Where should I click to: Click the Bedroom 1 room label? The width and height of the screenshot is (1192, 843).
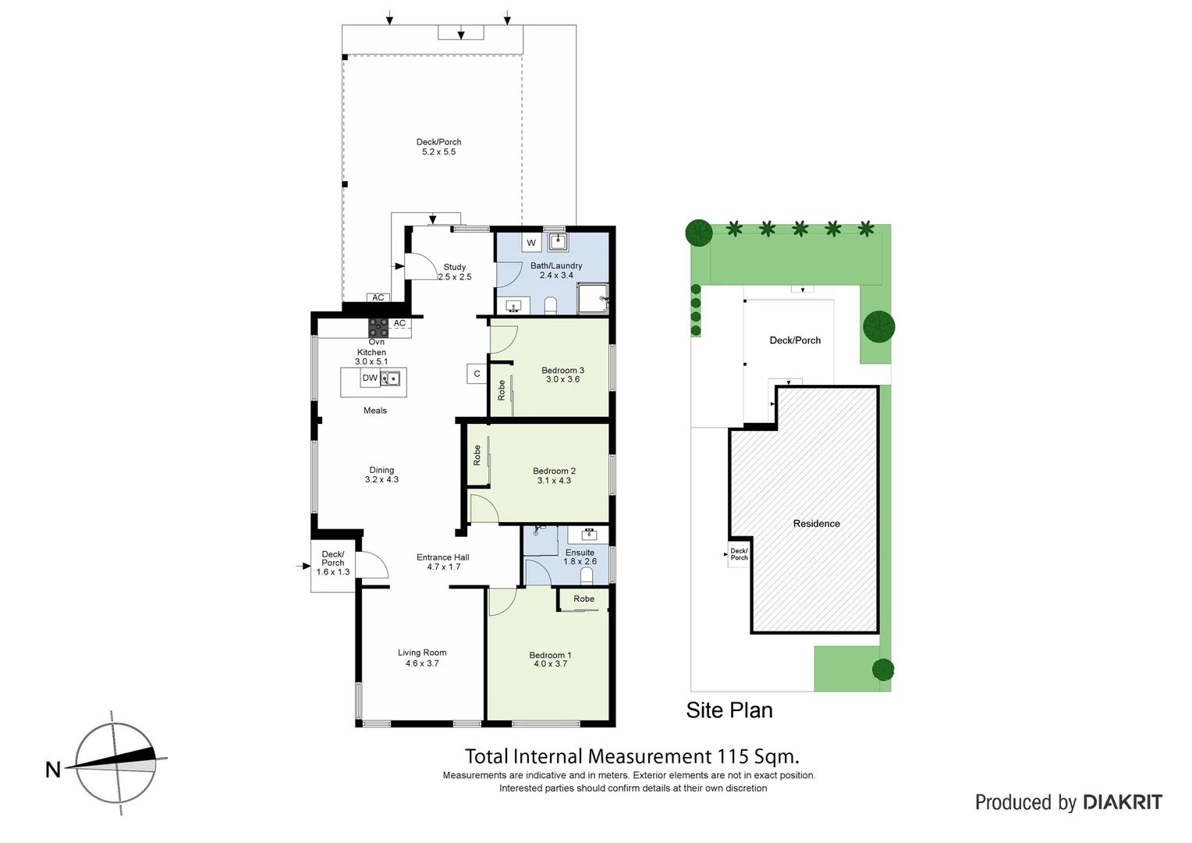(x=550, y=655)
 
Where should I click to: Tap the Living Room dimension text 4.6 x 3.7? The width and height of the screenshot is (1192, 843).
(x=422, y=663)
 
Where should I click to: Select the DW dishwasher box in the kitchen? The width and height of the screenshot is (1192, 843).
(x=370, y=378)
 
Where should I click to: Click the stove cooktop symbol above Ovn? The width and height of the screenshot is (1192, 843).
(x=378, y=327)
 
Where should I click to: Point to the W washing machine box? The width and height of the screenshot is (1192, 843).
(x=531, y=243)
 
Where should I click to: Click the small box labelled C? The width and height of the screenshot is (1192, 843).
(x=477, y=374)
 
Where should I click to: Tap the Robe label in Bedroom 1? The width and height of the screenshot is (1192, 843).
(x=584, y=599)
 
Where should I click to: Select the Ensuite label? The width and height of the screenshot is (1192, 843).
(x=580, y=552)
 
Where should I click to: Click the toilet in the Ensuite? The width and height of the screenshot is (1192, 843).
(x=587, y=575)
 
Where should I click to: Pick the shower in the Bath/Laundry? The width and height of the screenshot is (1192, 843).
(x=592, y=297)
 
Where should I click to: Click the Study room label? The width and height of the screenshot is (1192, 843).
(x=455, y=267)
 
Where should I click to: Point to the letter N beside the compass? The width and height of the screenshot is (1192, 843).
(x=53, y=770)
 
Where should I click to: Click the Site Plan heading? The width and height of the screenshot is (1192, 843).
(x=729, y=710)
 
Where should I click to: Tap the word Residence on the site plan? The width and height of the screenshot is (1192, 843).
(x=816, y=524)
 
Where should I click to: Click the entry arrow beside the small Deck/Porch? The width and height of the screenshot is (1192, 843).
(x=306, y=566)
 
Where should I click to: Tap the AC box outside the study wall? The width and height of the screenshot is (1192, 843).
(x=378, y=297)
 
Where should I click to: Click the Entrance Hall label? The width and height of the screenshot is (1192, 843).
(x=442, y=557)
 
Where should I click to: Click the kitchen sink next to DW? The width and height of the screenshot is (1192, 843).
(x=390, y=379)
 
